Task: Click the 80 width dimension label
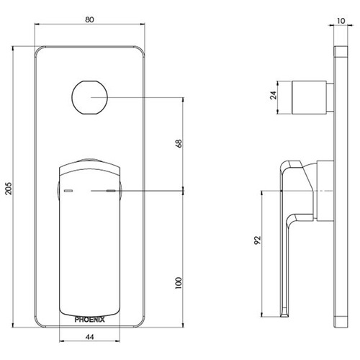point(91,21)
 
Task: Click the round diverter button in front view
point(90,96)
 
